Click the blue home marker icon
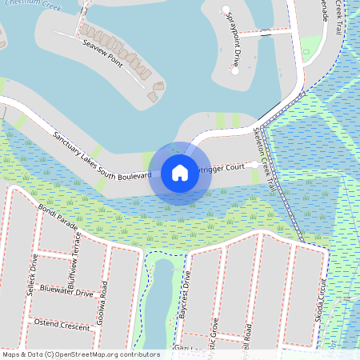pos(179,172)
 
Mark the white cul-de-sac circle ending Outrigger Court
pos(254,164)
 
